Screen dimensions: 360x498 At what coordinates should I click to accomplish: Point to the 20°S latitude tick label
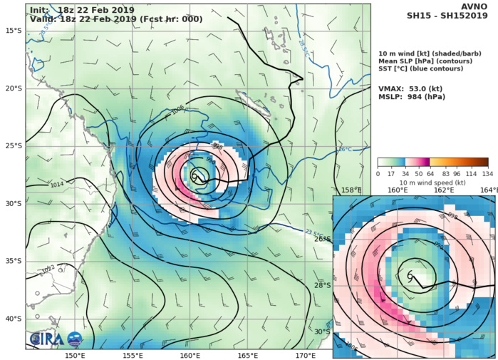coord(13,88)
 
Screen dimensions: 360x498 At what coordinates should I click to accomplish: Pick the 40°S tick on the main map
coord(13,319)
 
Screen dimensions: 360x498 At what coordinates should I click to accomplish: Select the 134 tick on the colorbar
coord(487,173)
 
